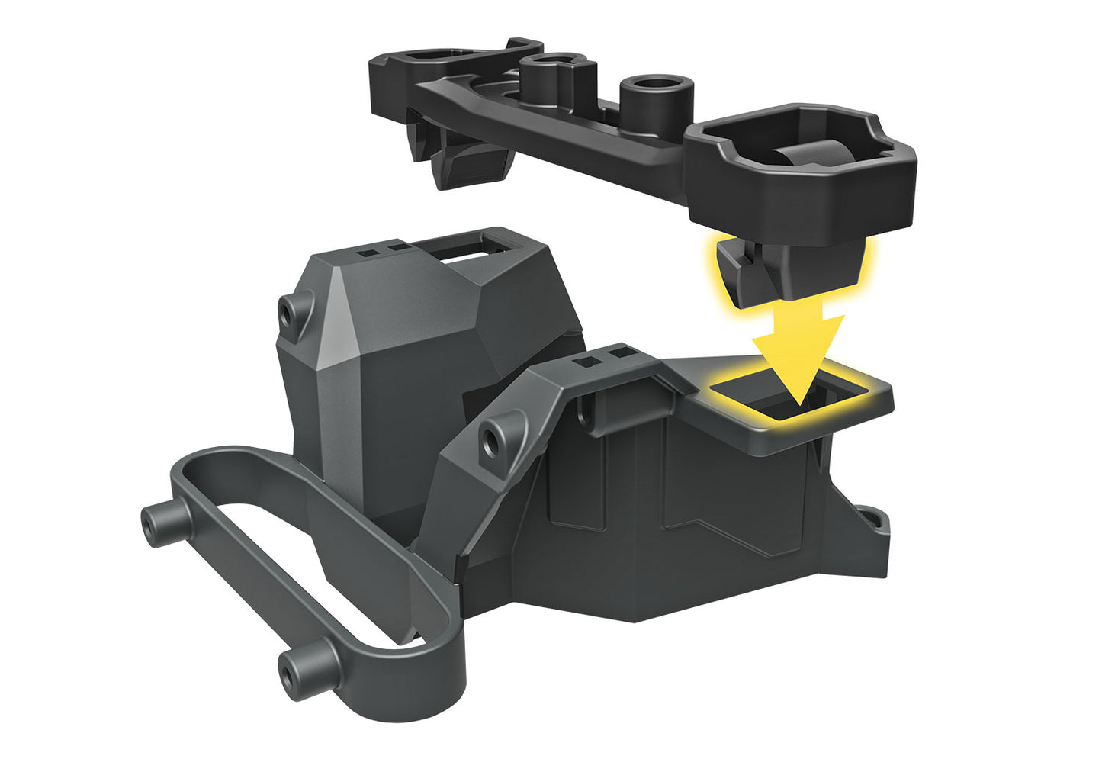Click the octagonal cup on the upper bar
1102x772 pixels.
coord(801,164)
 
